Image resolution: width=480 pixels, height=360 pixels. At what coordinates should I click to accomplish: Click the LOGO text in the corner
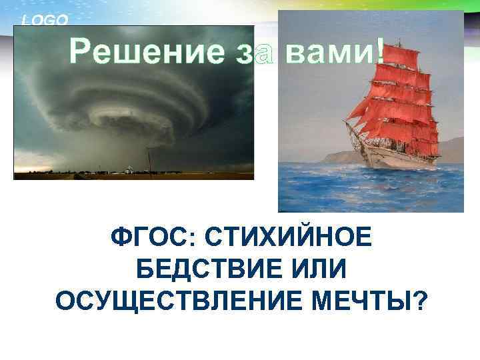point(45,20)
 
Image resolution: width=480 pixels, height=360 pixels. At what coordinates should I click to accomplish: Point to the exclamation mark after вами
point(379,51)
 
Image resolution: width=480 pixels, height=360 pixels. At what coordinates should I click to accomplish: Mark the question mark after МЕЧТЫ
point(420,301)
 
